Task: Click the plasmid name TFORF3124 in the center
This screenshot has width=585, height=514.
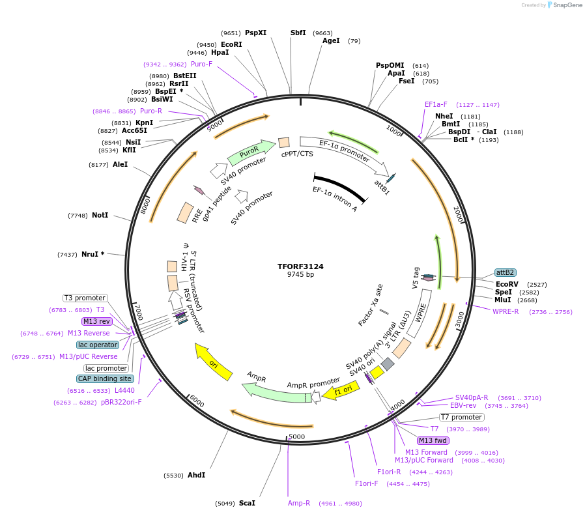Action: [x=300, y=266]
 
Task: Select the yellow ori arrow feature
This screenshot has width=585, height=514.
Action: [x=214, y=362]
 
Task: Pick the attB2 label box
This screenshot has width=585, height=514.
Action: [x=505, y=272]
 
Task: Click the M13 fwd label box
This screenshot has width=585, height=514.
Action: [x=433, y=440]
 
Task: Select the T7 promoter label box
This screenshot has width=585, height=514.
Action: [x=461, y=417]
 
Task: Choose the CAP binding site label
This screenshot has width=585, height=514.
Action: [x=105, y=378]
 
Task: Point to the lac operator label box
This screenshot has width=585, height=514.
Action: [x=98, y=345]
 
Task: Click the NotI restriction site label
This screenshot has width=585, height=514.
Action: [x=100, y=215]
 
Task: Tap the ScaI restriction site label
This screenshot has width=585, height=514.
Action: [x=247, y=503]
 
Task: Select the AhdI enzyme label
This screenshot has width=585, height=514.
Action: [x=196, y=475]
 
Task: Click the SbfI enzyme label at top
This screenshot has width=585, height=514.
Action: [x=298, y=33]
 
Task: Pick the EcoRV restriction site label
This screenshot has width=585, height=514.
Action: [x=507, y=284]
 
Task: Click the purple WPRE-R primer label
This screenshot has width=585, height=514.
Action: [x=506, y=311]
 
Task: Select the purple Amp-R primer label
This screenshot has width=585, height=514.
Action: [x=299, y=503]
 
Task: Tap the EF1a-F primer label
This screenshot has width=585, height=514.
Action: [x=436, y=104]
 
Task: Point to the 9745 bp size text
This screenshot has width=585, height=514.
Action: [x=300, y=275]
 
